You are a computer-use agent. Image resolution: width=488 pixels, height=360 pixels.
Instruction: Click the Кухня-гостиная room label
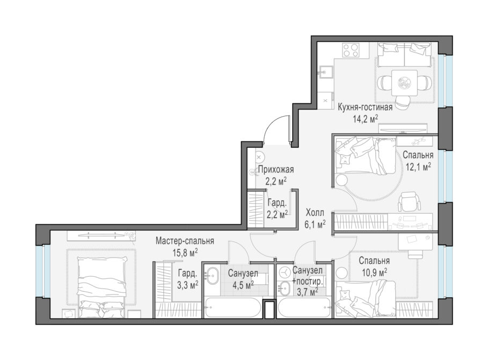pos(365,108)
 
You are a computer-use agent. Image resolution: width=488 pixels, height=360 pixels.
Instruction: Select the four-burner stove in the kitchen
pos(351,50)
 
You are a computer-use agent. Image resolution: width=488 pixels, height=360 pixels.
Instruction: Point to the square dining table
pos(404,83)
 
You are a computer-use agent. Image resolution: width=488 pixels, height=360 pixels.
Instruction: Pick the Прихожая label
pos(276,170)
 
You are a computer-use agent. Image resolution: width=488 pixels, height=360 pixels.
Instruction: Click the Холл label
pos(315,213)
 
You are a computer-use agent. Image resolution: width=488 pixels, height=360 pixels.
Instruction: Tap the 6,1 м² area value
pos(315,224)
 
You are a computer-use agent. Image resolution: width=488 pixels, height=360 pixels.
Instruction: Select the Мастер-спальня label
pos(185,241)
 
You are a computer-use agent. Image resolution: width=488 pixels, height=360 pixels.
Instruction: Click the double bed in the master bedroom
pos(103,287)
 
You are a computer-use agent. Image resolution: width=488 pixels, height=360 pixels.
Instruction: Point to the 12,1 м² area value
pos(418,167)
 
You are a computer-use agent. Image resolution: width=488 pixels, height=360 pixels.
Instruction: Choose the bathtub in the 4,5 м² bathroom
pos(232,307)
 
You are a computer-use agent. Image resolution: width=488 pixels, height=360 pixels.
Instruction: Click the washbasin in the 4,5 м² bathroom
pos(213,275)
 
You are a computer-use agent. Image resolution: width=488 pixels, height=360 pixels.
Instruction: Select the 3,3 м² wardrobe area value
pos(188,285)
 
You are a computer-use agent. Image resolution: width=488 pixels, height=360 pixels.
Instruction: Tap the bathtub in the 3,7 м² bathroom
pos(304,307)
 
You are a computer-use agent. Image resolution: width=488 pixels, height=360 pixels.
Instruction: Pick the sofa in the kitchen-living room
pos(404,54)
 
